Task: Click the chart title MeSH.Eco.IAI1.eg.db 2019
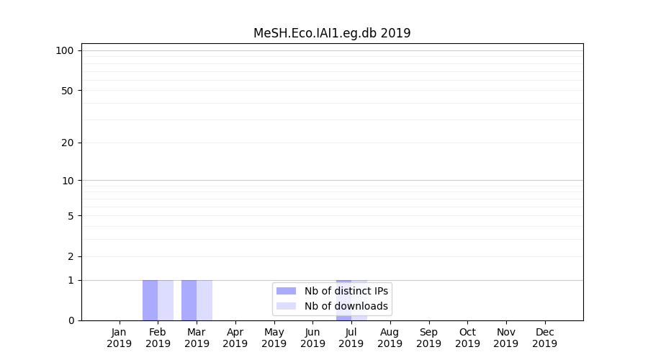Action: [332, 33]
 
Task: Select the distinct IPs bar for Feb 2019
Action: [150, 300]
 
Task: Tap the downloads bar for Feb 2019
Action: [166, 300]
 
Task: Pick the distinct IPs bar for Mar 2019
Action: [189, 300]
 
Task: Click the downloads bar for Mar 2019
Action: [204, 300]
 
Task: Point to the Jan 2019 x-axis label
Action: [120, 338]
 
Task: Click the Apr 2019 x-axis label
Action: [235, 338]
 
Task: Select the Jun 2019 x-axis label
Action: [312, 338]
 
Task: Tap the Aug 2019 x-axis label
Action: [390, 338]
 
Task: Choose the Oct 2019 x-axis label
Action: [467, 338]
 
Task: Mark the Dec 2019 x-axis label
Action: [544, 338]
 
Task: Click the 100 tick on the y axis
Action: [65, 50]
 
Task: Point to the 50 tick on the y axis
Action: [68, 91]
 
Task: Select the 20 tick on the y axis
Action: [68, 143]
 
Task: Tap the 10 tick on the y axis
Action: [68, 181]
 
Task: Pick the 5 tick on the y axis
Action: [71, 216]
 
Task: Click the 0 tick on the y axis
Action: [71, 320]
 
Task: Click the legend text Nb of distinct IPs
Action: [346, 291]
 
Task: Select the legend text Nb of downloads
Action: [346, 306]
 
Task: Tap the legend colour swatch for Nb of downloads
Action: [286, 306]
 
